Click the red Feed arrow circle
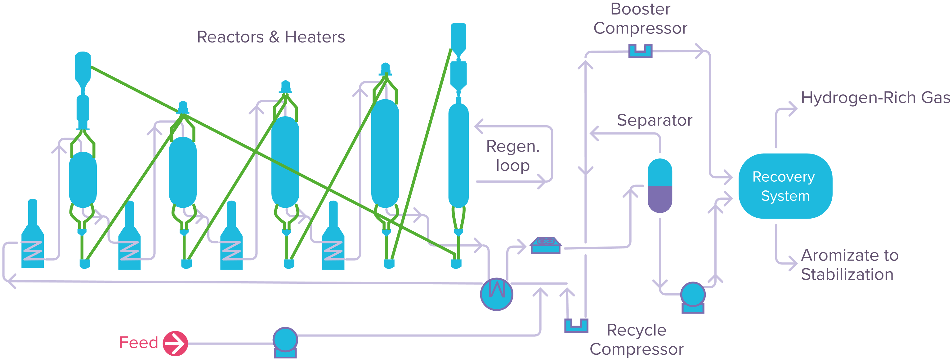click(x=176, y=343)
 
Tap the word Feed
click(x=139, y=343)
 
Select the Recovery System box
click(x=785, y=186)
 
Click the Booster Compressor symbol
click(x=641, y=51)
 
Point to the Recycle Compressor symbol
click(x=576, y=326)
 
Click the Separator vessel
click(x=660, y=185)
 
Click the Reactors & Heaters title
click(x=271, y=37)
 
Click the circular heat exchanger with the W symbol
click(x=496, y=294)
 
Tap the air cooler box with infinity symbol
click(x=545, y=245)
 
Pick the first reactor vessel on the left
click(x=83, y=180)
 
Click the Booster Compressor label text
click(x=641, y=19)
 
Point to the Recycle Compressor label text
click(x=637, y=340)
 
